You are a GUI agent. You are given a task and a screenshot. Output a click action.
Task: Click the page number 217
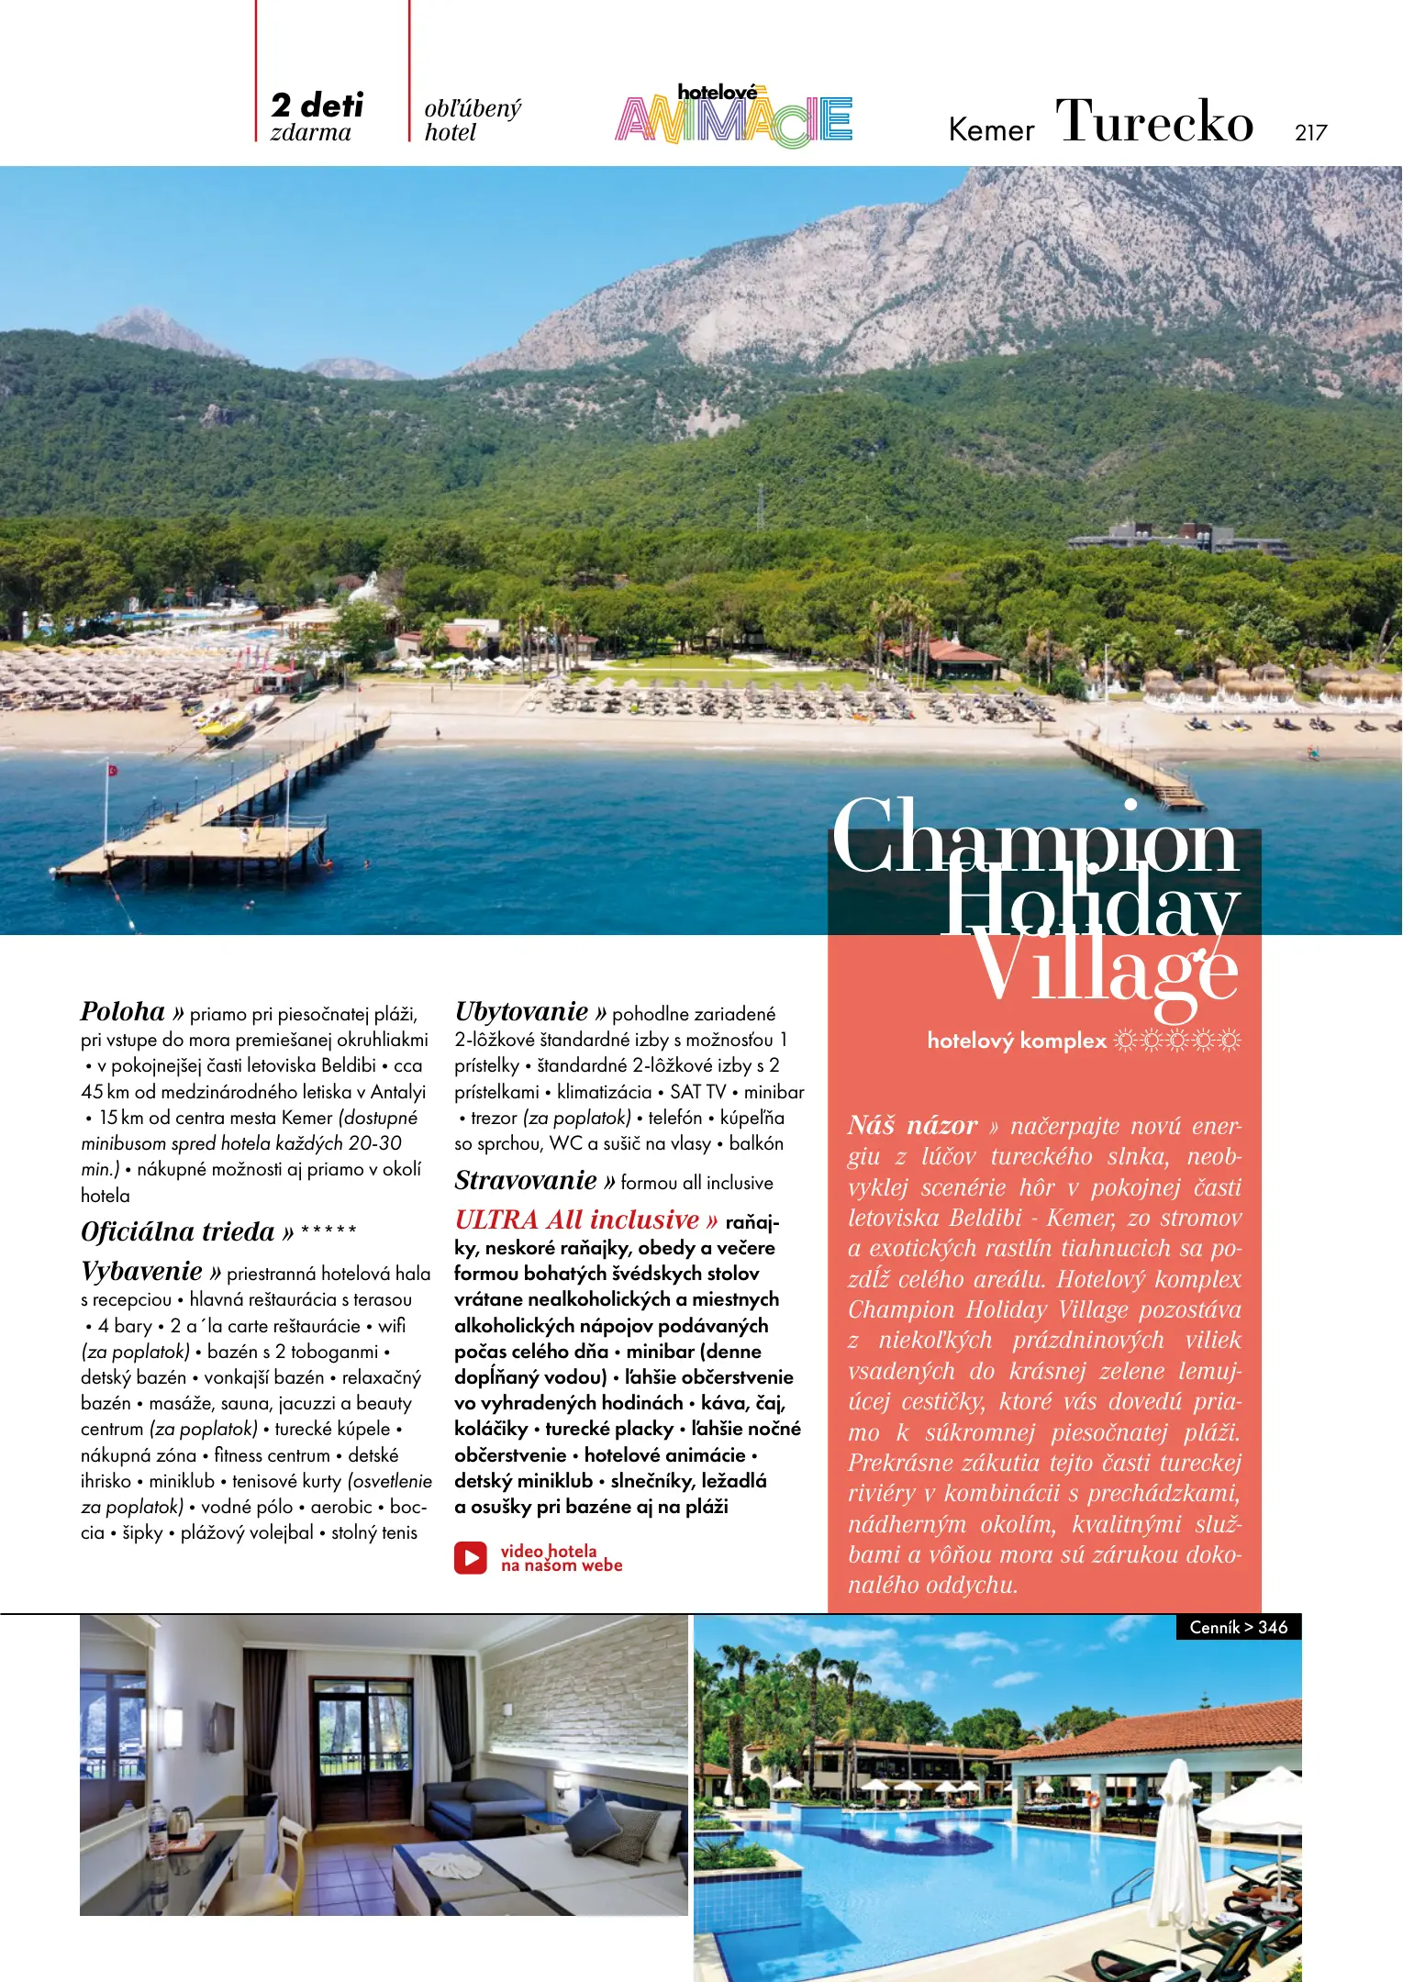tap(1310, 133)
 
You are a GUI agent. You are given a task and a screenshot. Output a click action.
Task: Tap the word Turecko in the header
tap(1153, 121)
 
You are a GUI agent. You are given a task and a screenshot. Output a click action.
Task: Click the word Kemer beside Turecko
tap(990, 130)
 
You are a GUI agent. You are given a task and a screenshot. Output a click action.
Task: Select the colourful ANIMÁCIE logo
tap(733, 117)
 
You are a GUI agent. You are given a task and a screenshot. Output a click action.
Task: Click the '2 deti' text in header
tap(317, 106)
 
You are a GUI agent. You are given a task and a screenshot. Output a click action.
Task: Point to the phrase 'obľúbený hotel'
tap(472, 120)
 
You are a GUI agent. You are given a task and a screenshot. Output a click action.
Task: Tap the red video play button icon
tap(471, 1558)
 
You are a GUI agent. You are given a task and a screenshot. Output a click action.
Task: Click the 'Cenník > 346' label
tap(1238, 1627)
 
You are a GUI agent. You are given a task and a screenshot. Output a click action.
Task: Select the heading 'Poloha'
tap(123, 1012)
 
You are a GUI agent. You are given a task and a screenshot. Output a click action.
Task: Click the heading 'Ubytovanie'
tap(521, 1012)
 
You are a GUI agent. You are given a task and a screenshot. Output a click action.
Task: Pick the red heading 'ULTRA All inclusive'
tap(577, 1220)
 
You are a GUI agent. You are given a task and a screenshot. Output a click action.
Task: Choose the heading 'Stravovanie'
tap(526, 1181)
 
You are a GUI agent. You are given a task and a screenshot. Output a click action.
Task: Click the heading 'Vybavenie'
tap(141, 1272)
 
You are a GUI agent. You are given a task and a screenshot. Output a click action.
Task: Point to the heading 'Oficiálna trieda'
tap(178, 1232)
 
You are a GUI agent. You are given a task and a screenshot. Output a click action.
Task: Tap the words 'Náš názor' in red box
tap(912, 1126)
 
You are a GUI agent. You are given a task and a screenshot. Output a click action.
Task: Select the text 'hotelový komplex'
tap(1017, 1041)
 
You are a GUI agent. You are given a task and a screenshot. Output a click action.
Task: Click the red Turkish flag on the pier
tap(113, 770)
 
